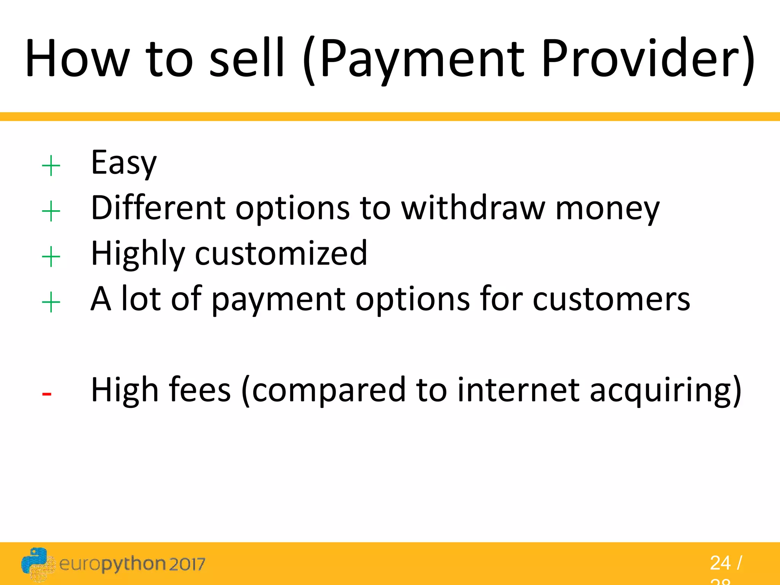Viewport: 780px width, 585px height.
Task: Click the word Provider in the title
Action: (647, 59)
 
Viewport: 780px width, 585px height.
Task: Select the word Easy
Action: (124, 163)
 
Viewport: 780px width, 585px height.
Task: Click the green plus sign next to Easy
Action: (51, 166)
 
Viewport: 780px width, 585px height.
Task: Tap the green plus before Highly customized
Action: (51, 257)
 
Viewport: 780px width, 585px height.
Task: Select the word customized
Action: (281, 254)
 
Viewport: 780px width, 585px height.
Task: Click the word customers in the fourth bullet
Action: (611, 299)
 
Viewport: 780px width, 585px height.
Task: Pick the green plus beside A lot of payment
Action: (51, 303)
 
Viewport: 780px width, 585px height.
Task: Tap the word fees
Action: (200, 390)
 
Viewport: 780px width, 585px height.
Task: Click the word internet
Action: (518, 390)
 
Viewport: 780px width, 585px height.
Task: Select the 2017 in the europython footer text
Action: (187, 564)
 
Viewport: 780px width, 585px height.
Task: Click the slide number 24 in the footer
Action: (720, 563)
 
